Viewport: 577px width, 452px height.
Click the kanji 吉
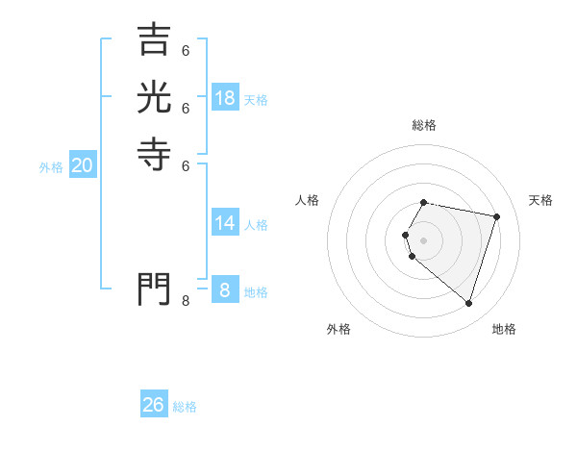pos(154,39)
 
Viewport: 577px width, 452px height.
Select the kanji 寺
pos(154,154)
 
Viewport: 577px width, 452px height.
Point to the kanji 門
pos(154,289)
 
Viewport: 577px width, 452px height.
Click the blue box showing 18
pos(225,98)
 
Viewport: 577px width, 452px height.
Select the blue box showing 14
pos(225,223)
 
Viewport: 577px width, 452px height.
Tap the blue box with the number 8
pos(225,289)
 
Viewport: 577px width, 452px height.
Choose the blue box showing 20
pos(83,165)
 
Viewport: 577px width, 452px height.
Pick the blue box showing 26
pos(154,405)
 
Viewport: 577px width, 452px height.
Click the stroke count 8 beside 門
pos(186,301)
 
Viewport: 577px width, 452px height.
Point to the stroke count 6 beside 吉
pos(186,51)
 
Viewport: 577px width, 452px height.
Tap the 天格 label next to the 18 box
pos(256,100)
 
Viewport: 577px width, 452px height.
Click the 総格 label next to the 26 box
pos(185,407)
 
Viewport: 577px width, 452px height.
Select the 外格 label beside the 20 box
pos(51,167)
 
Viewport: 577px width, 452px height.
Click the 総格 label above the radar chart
pos(424,125)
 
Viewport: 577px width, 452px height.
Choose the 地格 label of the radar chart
pos(504,329)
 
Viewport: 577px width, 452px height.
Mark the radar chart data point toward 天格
pos(496,216)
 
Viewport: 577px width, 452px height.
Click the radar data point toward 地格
pos(468,304)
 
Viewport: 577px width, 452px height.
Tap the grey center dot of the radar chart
pos(424,239)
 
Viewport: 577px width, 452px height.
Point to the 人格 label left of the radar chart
pos(308,200)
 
